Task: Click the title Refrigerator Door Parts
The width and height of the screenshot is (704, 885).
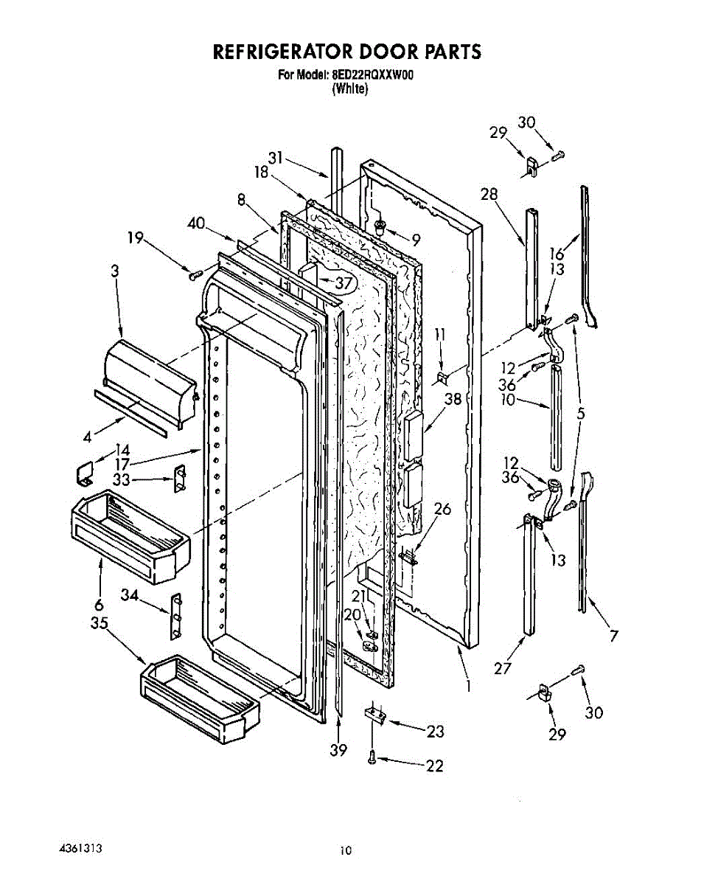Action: pos(346,52)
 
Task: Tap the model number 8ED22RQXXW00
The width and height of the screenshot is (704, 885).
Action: pos(379,74)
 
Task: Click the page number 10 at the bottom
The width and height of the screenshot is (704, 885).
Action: pos(346,850)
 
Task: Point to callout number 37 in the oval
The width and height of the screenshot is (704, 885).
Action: pos(344,282)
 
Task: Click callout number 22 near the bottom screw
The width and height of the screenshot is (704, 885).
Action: pos(435,766)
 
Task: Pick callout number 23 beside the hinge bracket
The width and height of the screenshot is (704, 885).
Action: pos(436,731)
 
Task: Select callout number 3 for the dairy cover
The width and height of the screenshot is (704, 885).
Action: pos(114,271)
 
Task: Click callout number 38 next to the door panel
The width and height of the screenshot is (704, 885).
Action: pos(452,399)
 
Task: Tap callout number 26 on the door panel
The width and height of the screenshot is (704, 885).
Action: pos(442,509)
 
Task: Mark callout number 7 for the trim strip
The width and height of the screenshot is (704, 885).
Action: pos(614,636)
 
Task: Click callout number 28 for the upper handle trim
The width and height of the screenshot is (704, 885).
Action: pos(489,194)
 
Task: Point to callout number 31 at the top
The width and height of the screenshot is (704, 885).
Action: pos(276,157)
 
